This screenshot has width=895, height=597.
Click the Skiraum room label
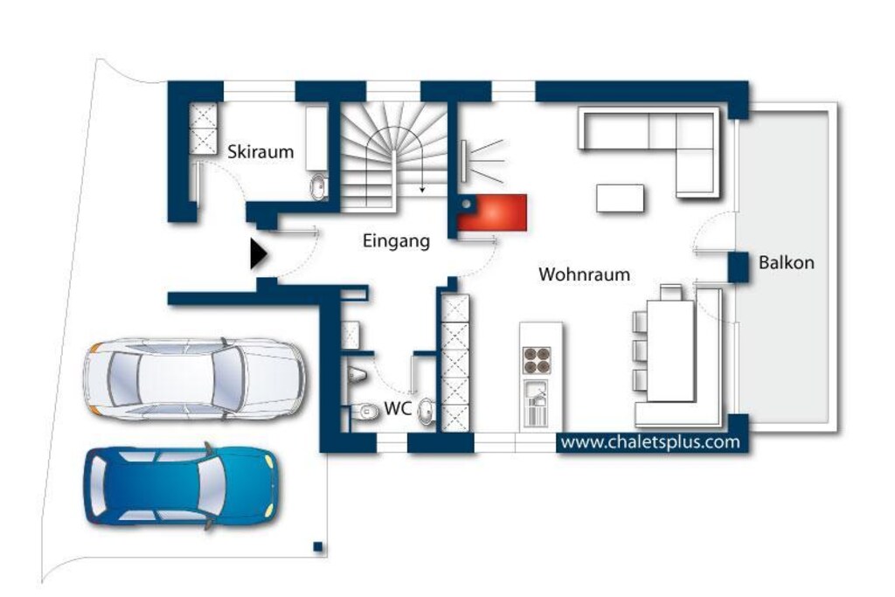[x=260, y=152]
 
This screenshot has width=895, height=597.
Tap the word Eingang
[x=396, y=241]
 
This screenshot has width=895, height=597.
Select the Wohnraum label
[x=584, y=274]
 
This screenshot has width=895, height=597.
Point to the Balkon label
[x=786, y=262]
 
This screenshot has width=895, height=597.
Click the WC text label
[x=398, y=409]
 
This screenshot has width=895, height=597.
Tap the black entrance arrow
[x=259, y=254]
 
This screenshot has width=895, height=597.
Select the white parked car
[x=193, y=379]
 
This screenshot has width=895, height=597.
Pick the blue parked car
[x=183, y=486]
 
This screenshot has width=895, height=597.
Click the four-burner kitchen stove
[x=538, y=360]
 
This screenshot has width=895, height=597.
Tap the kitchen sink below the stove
[x=536, y=403]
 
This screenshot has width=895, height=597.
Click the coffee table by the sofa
[x=620, y=198]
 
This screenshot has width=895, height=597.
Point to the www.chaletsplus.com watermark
[x=650, y=442]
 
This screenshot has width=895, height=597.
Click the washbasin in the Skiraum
[x=318, y=187]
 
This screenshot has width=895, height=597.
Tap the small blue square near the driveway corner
[x=318, y=547]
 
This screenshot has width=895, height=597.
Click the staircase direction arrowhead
[x=422, y=189]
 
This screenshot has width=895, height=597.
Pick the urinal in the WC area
[x=357, y=375]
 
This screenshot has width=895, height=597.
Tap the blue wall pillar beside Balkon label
[x=738, y=267]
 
